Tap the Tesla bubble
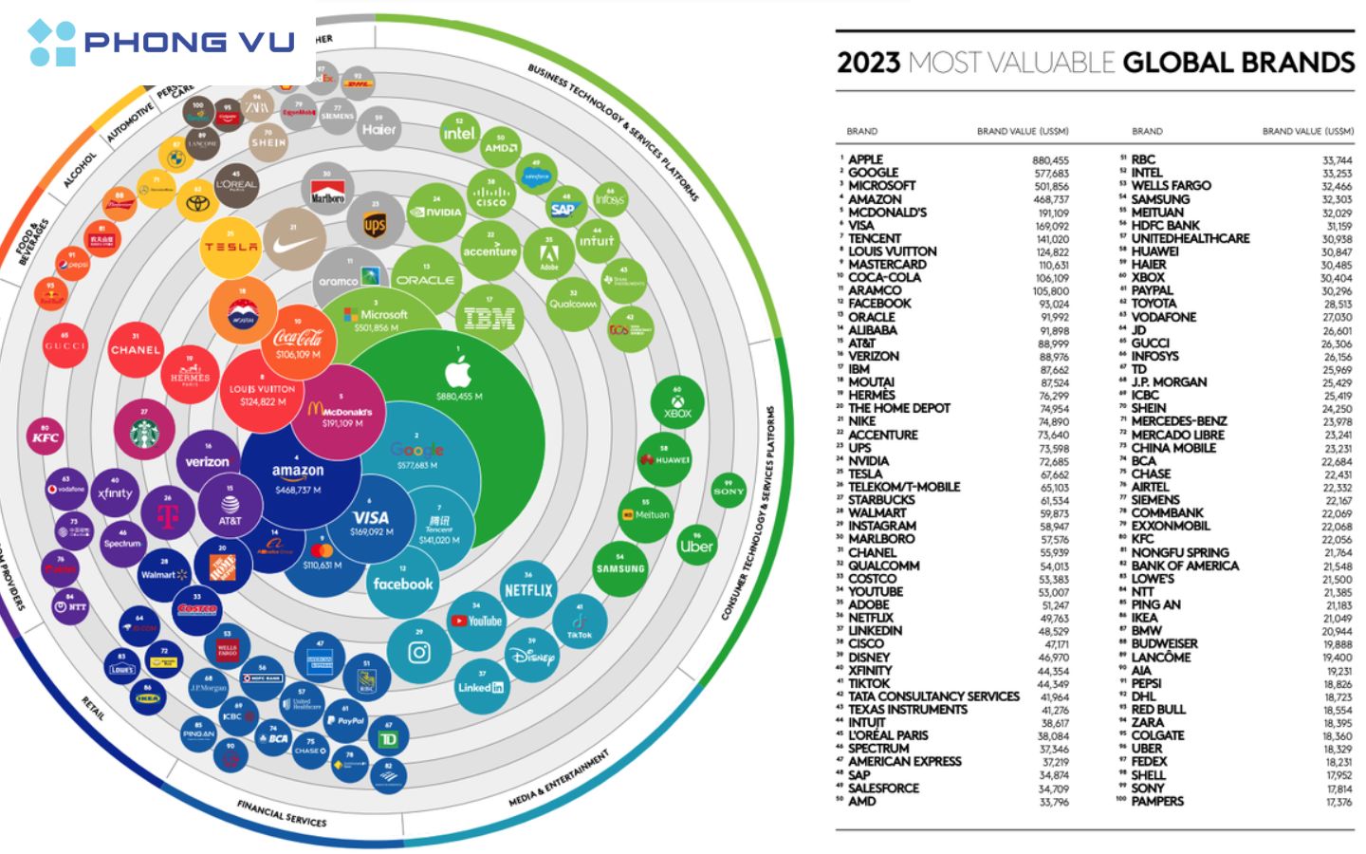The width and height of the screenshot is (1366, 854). click(231, 246)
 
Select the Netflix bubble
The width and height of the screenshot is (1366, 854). click(527, 588)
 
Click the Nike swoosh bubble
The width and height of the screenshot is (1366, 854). click(295, 242)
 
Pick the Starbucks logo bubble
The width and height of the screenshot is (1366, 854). click(144, 432)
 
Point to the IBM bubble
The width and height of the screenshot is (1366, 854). click(489, 320)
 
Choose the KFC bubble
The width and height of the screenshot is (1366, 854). click(45, 436)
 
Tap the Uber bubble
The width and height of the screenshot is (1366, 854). click(696, 546)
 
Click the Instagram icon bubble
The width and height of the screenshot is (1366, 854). click(419, 651)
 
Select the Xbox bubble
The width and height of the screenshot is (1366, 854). click(677, 404)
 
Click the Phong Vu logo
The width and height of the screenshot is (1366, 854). click(161, 43)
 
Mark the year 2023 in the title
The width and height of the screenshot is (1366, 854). click(868, 63)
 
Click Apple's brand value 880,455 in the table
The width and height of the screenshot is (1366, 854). click(1050, 160)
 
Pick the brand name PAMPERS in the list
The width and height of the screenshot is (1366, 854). click(1157, 801)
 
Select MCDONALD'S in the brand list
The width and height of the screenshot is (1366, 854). click(887, 213)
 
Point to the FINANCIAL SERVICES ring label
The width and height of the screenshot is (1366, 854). click(282, 813)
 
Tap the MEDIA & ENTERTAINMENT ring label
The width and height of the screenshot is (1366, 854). click(559, 780)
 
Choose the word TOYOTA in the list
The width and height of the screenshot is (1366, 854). click(1154, 304)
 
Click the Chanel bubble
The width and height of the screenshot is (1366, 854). click(136, 349)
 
